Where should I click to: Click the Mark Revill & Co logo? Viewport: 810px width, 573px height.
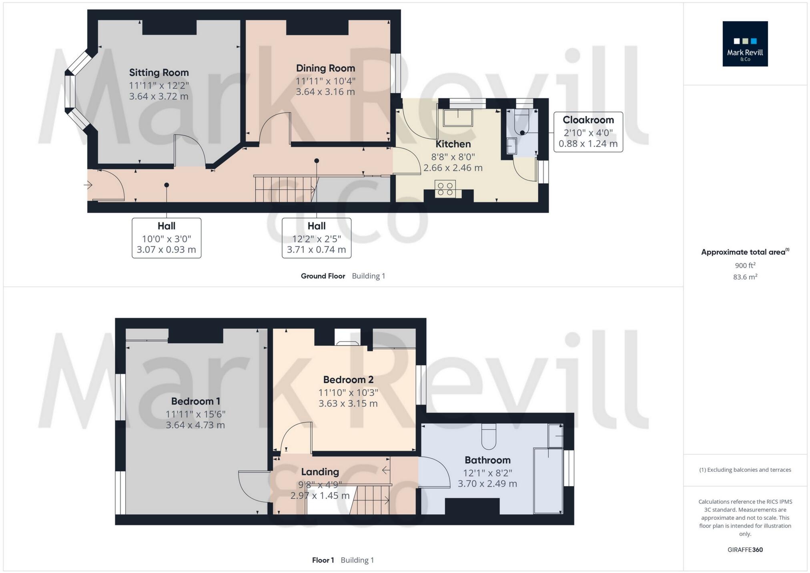pos(745,44)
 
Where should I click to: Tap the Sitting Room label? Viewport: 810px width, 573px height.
pos(158,72)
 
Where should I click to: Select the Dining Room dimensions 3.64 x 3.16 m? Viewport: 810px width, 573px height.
pos(325,92)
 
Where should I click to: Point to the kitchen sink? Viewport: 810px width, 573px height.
pos(458,117)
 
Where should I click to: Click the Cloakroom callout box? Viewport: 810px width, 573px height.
pos(588,132)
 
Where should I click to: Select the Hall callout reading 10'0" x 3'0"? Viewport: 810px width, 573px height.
pos(166,238)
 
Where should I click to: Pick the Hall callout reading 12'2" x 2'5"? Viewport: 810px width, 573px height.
pos(316,238)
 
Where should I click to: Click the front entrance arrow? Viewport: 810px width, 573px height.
pos(88,185)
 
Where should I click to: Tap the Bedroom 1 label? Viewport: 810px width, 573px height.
pos(195,401)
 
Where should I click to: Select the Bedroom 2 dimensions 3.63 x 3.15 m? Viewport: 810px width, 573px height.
pos(348,403)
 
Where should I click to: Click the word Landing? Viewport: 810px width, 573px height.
pos(320,472)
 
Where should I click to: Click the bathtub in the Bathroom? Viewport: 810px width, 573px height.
pos(548,481)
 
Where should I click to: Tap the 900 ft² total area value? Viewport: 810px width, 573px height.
pos(745,265)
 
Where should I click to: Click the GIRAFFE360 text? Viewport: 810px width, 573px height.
pos(745,549)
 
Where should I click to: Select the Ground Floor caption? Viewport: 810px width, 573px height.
pos(323,276)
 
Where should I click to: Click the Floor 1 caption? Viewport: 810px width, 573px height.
pos(323,560)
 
